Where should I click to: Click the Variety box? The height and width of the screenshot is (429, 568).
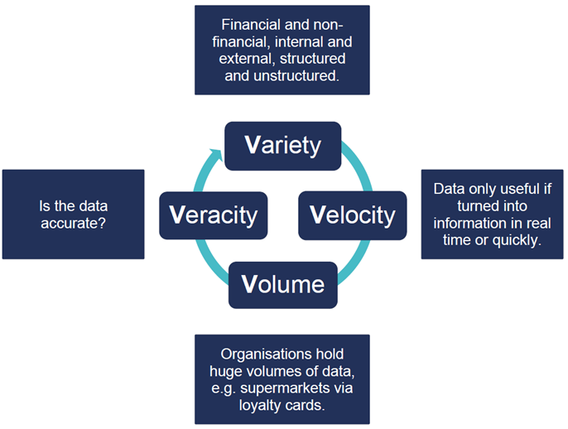283,146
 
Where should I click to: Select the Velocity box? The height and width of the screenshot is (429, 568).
353,215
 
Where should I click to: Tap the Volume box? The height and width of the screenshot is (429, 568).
283,285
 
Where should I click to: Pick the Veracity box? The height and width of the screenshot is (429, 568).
214,215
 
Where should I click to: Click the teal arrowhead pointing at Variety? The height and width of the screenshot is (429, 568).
217,155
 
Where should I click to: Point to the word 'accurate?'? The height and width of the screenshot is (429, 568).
73,224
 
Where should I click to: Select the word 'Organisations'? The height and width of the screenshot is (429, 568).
264,354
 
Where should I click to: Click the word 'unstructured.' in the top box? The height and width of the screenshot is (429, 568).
296,75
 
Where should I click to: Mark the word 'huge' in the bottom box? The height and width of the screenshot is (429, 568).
224,371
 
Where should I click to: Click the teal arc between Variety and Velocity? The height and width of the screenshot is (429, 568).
359,165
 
